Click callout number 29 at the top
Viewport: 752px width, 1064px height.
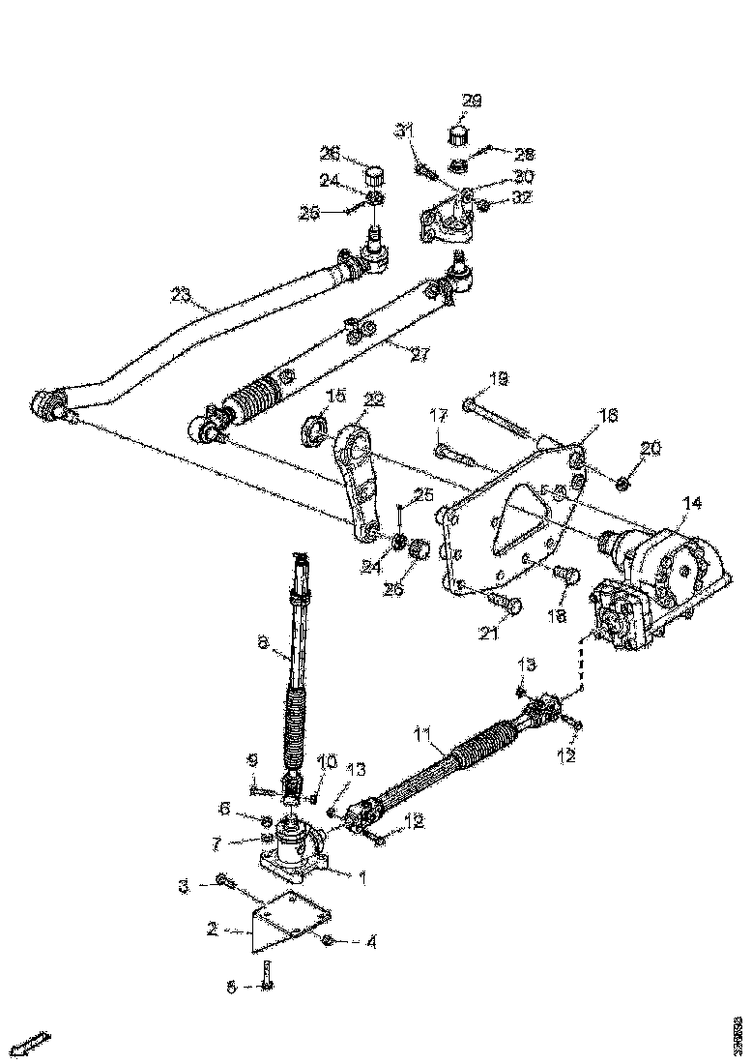[472, 101]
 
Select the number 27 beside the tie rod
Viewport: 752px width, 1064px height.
[419, 354]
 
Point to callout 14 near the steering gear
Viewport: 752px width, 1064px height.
[692, 503]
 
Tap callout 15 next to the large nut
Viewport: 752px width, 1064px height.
[335, 397]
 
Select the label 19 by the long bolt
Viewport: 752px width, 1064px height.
[498, 377]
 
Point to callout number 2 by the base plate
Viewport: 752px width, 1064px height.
[211, 929]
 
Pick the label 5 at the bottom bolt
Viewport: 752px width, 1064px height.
[230, 987]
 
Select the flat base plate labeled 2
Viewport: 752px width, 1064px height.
[290, 919]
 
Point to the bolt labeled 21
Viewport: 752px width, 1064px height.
[506, 605]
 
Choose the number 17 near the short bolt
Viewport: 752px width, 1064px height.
[439, 415]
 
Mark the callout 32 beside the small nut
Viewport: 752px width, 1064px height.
[522, 198]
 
